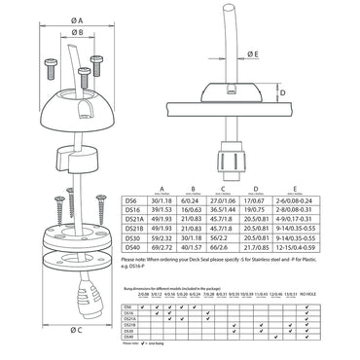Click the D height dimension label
[x=344, y=93]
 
